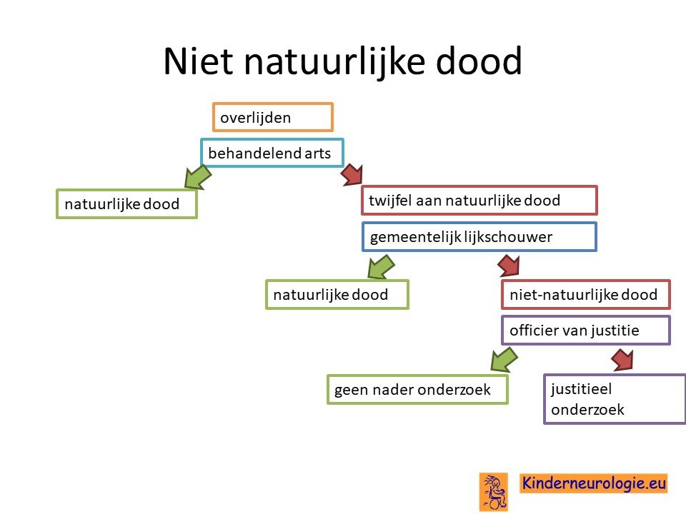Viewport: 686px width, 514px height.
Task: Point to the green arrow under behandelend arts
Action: coord(198,178)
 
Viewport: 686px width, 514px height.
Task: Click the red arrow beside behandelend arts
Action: coord(352,174)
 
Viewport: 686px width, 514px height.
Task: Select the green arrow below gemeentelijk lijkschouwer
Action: coord(381,267)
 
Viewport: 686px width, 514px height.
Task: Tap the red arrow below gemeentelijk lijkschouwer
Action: coord(509,266)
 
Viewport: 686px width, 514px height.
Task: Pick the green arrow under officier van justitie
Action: coord(504,360)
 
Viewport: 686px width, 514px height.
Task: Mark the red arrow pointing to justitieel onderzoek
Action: coord(622,359)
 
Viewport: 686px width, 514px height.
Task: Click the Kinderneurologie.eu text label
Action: coord(594,483)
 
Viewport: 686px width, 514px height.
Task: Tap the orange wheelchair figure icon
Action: coord(494,492)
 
